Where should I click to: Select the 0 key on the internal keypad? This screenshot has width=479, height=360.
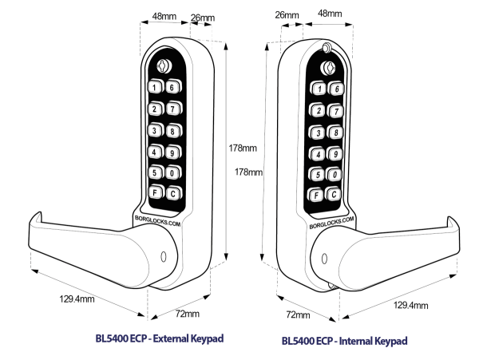tap(335, 175)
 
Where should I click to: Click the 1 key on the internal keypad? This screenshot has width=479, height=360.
tap(319, 89)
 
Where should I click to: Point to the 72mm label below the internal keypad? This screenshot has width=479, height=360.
tap(297, 315)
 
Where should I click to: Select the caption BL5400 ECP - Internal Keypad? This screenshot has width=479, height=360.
tap(344, 341)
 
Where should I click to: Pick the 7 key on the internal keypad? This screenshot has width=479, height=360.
tap(337, 111)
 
